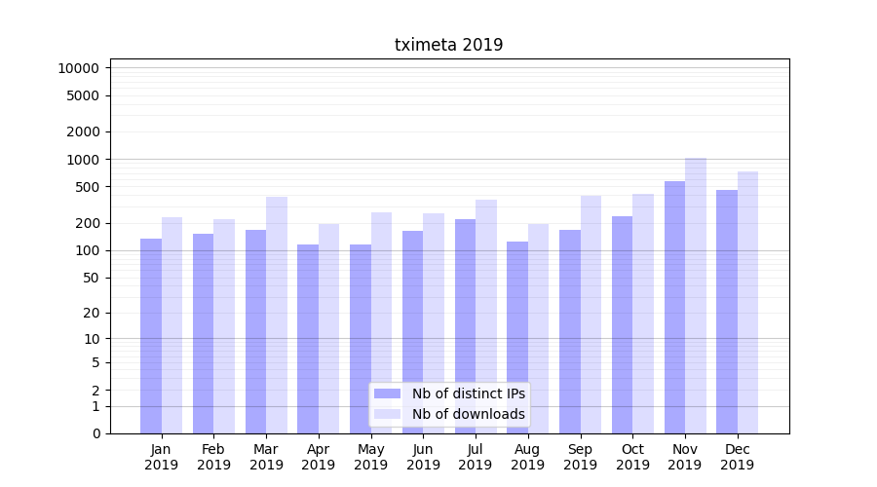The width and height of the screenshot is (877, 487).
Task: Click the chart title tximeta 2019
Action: (x=448, y=45)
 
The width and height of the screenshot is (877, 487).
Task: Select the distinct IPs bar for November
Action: (x=674, y=307)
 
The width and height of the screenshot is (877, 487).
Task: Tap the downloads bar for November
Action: (x=696, y=295)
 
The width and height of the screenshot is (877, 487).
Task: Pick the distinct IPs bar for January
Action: (x=151, y=336)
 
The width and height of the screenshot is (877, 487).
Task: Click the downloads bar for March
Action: (x=277, y=315)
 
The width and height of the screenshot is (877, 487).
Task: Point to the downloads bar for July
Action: (x=486, y=317)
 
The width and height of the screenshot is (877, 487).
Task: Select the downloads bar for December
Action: (x=748, y=302)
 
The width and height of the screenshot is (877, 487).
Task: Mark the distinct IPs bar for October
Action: (x=622, y=324)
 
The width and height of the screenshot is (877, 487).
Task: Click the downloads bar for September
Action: (x=591, y=314)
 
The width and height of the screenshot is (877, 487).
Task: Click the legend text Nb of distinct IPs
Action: (x=468, y=393)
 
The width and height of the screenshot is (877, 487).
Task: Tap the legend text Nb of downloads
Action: (x=468, y=414)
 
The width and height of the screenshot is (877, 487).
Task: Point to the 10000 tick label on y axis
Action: (x=78, y=68)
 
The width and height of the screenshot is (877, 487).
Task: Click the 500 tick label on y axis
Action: (x=85, y=187)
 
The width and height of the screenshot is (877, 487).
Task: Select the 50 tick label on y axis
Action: (x=89, y=278)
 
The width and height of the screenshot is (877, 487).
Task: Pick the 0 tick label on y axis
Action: (x=95, y=433)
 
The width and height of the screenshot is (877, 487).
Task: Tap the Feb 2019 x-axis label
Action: (x=213, y=457)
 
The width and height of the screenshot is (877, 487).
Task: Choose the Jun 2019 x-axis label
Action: (x=423, y=457)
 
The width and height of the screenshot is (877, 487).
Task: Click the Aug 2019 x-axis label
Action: (x=527, y=457)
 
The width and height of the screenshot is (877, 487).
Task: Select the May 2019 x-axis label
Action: (x=370, y=457)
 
